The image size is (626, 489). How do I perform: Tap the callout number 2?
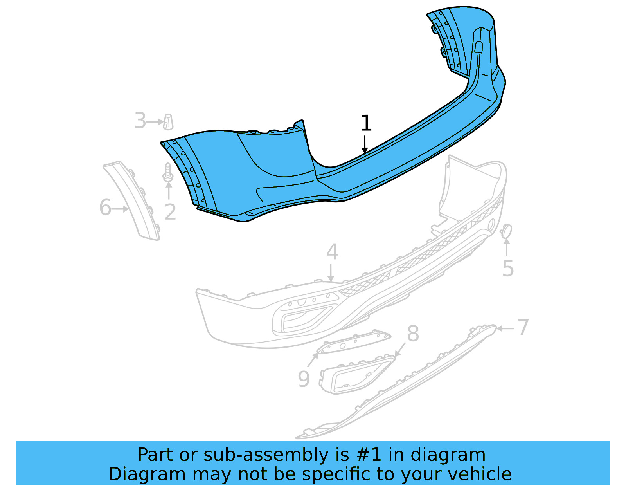tap(170, 212)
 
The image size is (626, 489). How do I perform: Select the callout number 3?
tap(140, 121)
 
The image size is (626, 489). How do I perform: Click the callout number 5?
tap(508, 269)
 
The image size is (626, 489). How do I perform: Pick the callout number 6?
tap(105, 207)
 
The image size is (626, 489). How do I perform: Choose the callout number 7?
tap(523, 327)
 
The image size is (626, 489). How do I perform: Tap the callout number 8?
tap(413, 334)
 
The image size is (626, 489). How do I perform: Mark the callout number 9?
tap(304, 379)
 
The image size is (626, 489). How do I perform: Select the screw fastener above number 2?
tap(168, 173)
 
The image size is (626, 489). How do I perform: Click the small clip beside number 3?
tap(168, 121)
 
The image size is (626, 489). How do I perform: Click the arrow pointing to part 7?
tap(505, 328)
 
